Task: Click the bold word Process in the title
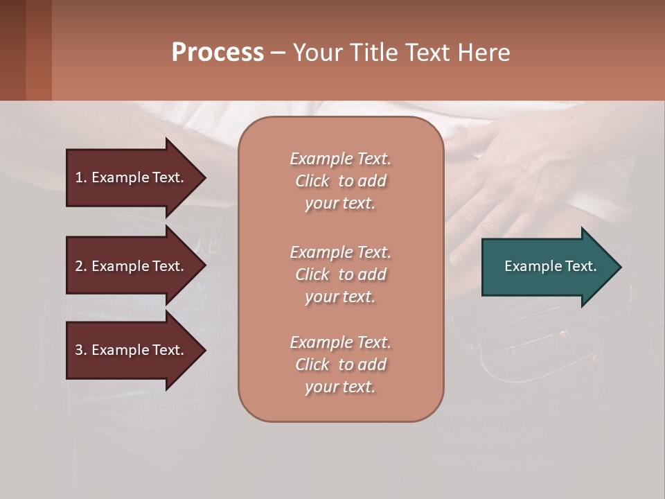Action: point(218,53)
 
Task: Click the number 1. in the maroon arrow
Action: point(81,177)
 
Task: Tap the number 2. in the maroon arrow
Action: point(81,266)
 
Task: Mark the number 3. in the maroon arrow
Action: point(81,350)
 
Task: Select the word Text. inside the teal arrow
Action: point(580,266)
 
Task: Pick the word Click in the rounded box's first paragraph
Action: point(312,182)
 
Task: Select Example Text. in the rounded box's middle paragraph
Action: point(340,252)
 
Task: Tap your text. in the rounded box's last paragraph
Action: point(340,387)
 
